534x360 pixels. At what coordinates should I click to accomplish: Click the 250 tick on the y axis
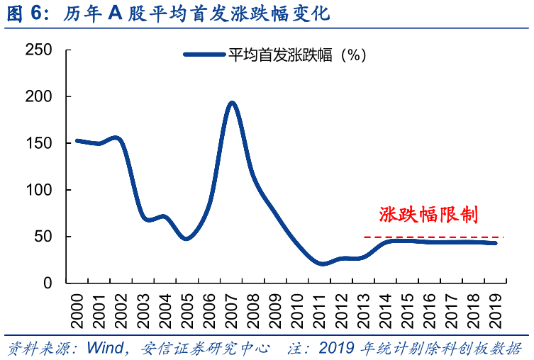(x=38, y=50)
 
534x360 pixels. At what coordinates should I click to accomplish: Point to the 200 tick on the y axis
(x=38, y=96)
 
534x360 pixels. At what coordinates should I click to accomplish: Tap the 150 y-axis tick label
(x=38, y=143)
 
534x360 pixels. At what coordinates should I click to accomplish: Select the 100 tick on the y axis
(x=38, y=190)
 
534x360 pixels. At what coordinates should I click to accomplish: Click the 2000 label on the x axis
(x=77, y=305)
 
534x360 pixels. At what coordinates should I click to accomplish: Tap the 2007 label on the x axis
(x=231, y=305)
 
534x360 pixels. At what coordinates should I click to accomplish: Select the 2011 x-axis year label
(x=319, y=305)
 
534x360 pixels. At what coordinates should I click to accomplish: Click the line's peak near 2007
(x=231, y=103)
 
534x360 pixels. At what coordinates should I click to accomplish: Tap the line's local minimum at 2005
(x=187, y=238)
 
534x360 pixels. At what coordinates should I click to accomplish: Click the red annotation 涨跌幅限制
(x=428, y=215)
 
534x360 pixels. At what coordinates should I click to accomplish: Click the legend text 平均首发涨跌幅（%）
(x=296, y=54)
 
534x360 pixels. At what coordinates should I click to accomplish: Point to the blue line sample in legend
(x=204, y=54)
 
